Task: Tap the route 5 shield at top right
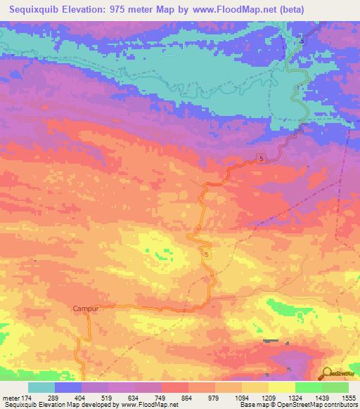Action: tap(302, 41)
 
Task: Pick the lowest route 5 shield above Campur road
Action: tap(207, 253)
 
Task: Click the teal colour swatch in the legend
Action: tap(41, 387)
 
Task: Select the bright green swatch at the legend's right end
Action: tap(335, 387)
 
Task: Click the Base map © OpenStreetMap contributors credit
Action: tap(297, 405)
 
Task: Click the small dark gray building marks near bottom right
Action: tap(271, 342)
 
